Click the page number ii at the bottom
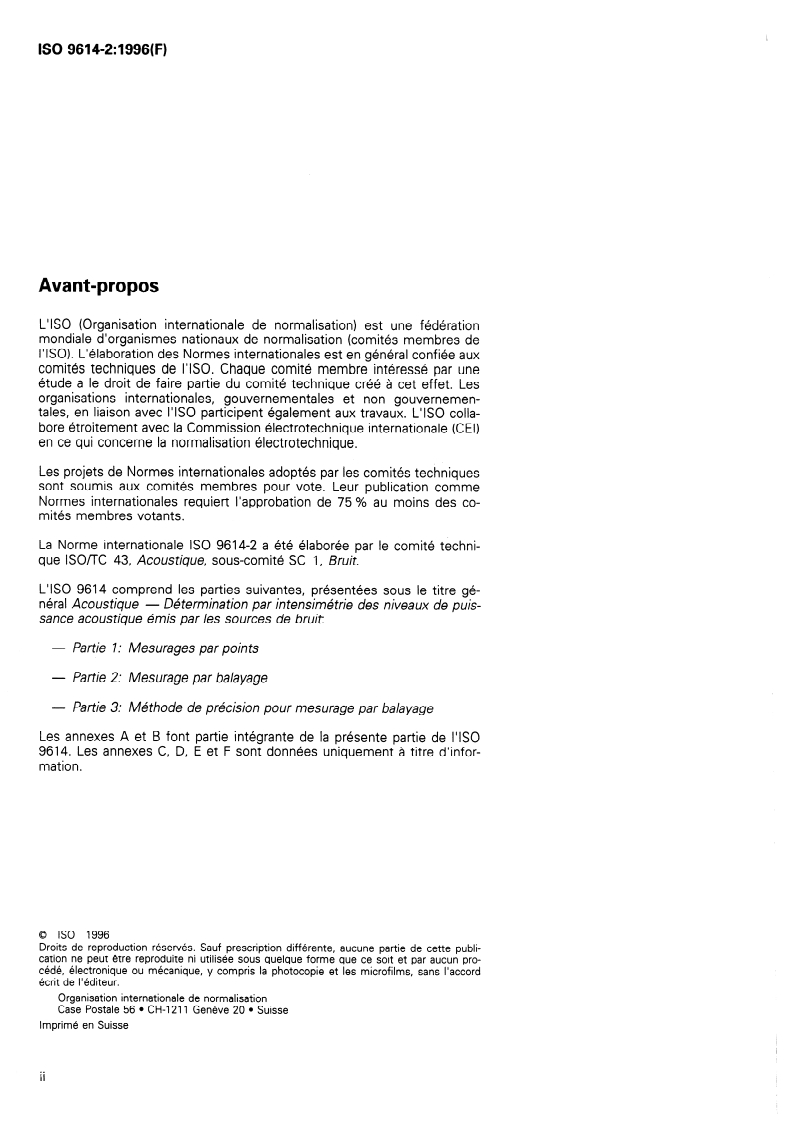pyautogui.click(x=41, y=1081)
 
